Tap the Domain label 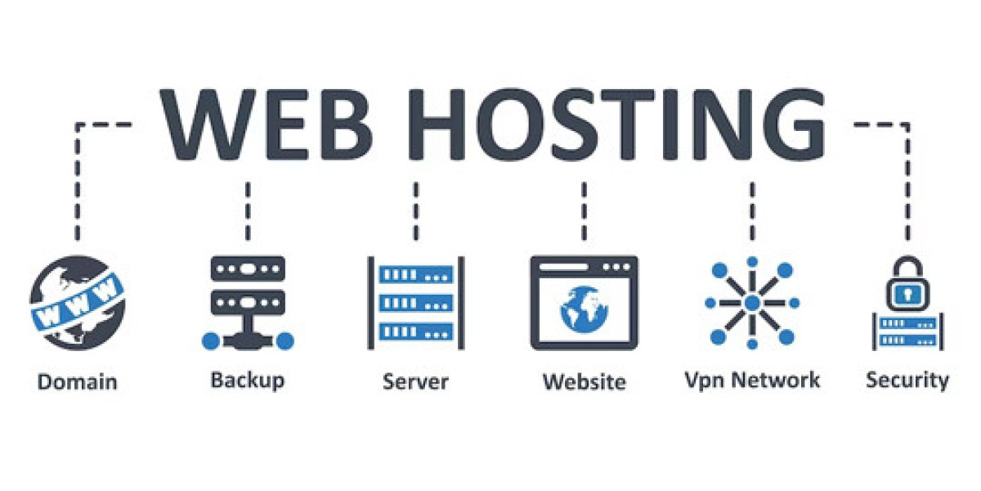(x=78, y=381)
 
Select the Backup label (x=248, y=380)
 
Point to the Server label (x=415, y=381)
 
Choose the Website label (x=584, y=381)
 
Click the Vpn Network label (x=751, y=380)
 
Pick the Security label (x=907, y=380)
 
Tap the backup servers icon (x=248, y=303)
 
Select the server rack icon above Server (x=415, y=303)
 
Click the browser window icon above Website (x=584, y=303)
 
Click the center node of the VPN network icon (x=751, y=304)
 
